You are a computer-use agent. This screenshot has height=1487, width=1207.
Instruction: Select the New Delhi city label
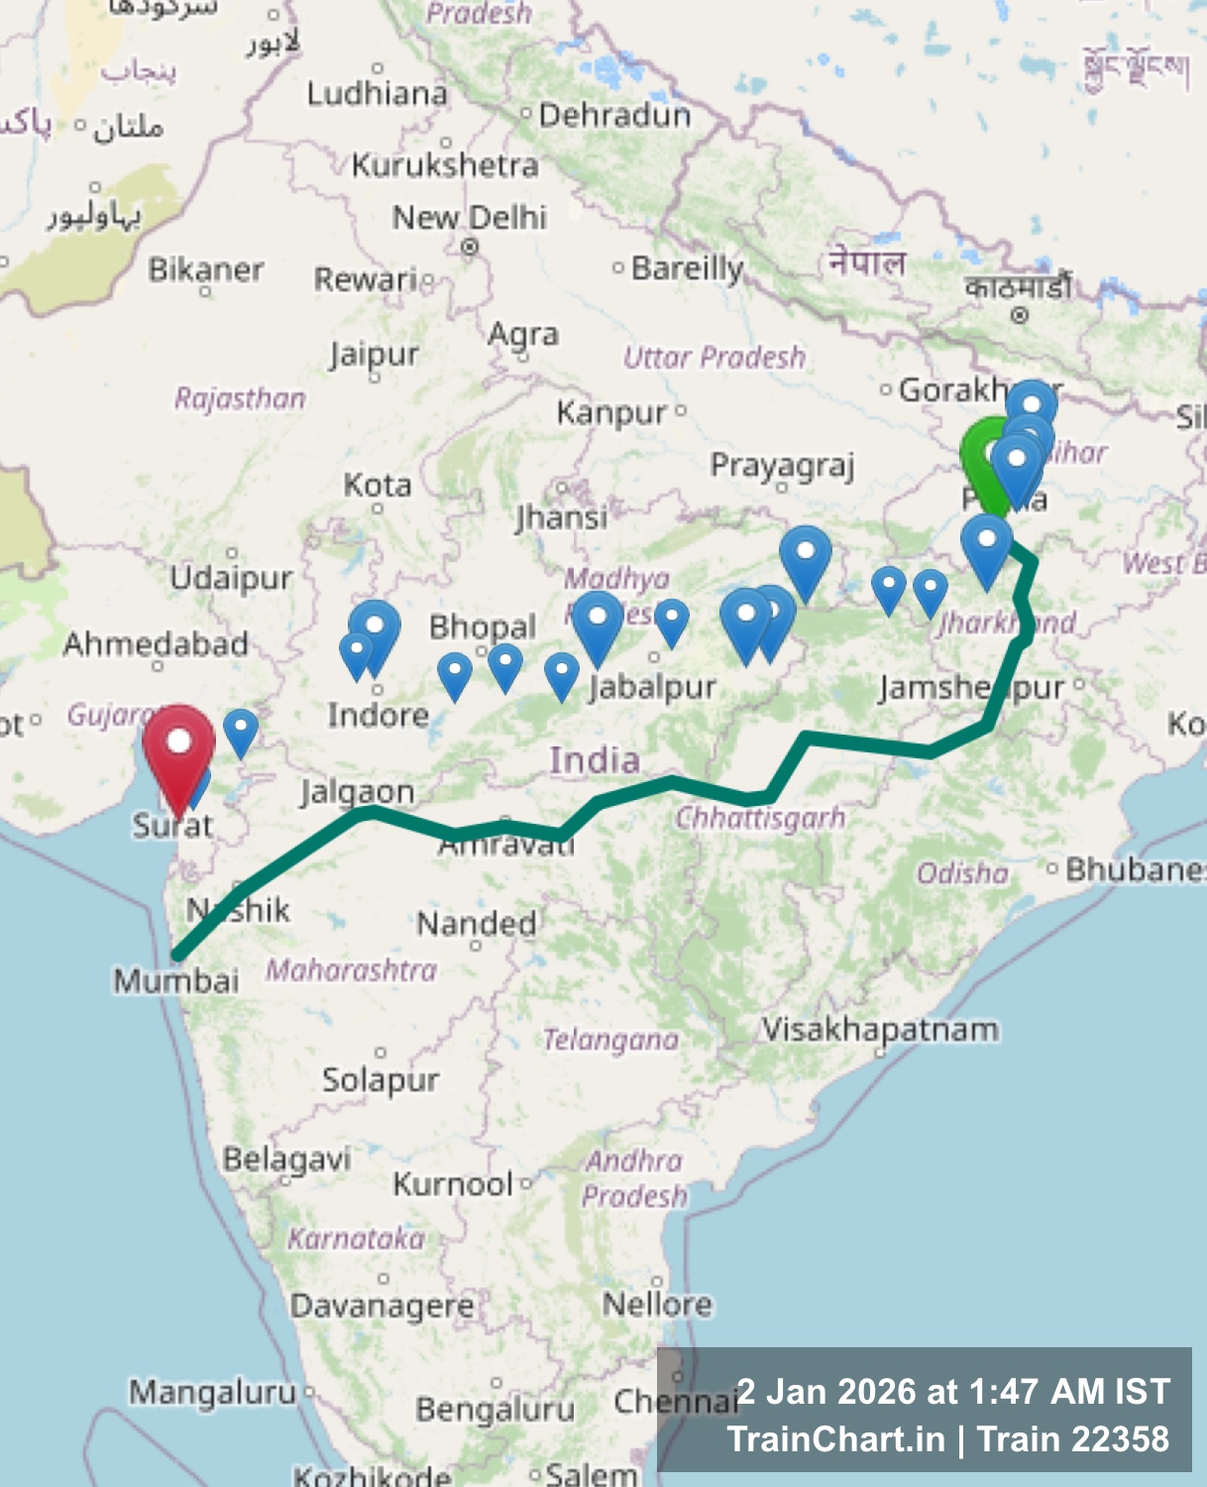[x=469, y=217]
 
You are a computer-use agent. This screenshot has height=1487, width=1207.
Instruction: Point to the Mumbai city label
[x=175, y=981]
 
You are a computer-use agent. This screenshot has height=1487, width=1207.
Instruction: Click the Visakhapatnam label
[x=880, y=1030]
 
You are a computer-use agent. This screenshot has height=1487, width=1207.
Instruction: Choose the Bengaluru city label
[x=494, y=1409]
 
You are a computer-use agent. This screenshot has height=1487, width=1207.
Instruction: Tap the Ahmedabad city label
[x=156, y=644]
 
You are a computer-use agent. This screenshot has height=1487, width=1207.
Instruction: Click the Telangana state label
[x=610, y=1040]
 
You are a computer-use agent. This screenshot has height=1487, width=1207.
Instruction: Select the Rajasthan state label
[x=240, y=399]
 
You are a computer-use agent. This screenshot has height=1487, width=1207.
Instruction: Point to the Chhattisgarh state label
[x=760, y=819]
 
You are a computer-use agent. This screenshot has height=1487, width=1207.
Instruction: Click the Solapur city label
[x=381, y=1080]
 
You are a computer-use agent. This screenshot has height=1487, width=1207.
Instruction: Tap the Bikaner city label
[x=206, y=270]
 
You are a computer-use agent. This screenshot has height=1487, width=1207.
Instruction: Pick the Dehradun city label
[x=614, y=116]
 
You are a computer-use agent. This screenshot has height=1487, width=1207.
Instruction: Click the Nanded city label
[x=477, y=924]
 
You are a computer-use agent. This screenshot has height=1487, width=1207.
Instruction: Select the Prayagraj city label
[x=782, y=466]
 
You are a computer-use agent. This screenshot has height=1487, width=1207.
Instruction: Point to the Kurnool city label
[x=453, y=1184]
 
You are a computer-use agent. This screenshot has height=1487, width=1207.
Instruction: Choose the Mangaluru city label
[x=212, y=1393]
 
